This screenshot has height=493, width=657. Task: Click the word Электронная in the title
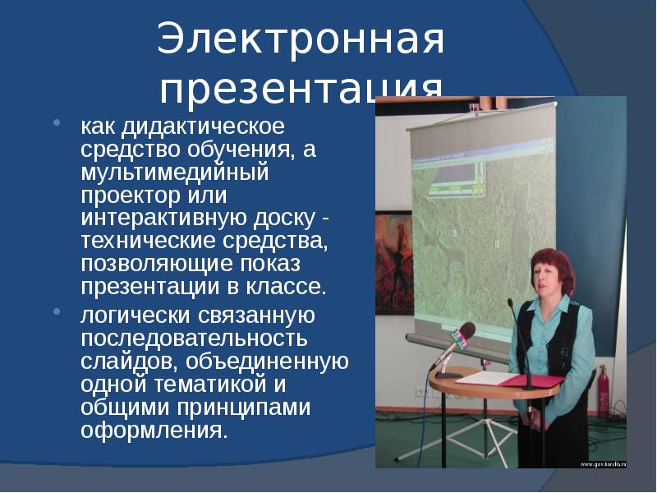(301, 41)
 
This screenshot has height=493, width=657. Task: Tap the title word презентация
(301, 89)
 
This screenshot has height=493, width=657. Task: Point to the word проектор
(126, 196)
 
